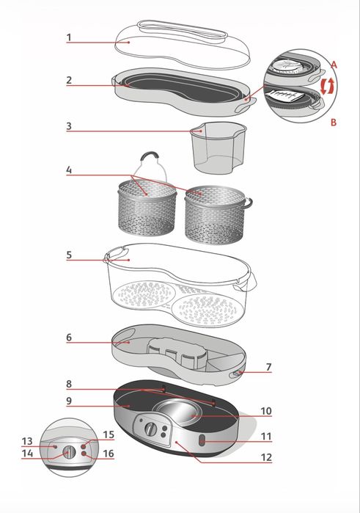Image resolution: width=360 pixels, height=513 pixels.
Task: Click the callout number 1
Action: tap(69, 37)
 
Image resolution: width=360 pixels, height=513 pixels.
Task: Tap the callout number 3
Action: tap(69, 126)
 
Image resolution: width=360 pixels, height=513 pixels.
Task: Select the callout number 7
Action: tap(268, 367)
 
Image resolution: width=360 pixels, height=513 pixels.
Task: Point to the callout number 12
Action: tap(266, 457)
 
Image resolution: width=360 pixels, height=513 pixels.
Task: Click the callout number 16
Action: tap(109, 454)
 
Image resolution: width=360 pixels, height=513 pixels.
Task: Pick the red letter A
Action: tap(334, 65)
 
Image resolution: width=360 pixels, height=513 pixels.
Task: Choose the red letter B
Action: tap(334, 123)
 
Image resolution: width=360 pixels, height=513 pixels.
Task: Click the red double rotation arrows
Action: tap(328, 87)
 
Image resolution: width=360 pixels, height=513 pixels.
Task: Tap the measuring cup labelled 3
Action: tap(218, 148)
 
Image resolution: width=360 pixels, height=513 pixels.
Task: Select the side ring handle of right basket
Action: tap(249, 203)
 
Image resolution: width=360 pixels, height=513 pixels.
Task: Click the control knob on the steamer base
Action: tap(151, 429)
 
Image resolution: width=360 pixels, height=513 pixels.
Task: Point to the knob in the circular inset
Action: tap(69, 453)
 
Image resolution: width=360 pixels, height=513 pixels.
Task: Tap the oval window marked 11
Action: tap(202, 440)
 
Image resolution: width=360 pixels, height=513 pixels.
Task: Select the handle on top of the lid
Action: tap(183, 29)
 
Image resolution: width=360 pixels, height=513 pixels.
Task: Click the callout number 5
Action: tap(69, 255)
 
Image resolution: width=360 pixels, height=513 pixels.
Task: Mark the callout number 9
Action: tap(69, 401)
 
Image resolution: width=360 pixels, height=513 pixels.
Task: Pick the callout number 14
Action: tap(27, 454)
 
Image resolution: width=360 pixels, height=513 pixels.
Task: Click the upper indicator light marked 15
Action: tap(84, 446)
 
